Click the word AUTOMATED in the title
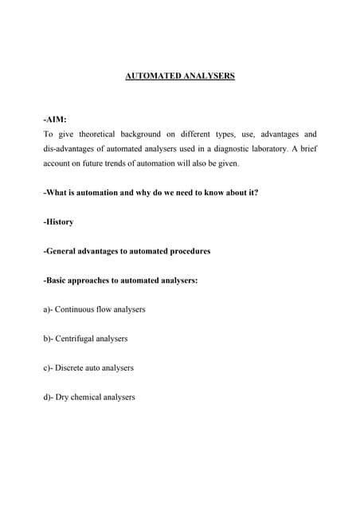tap(155, 76)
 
